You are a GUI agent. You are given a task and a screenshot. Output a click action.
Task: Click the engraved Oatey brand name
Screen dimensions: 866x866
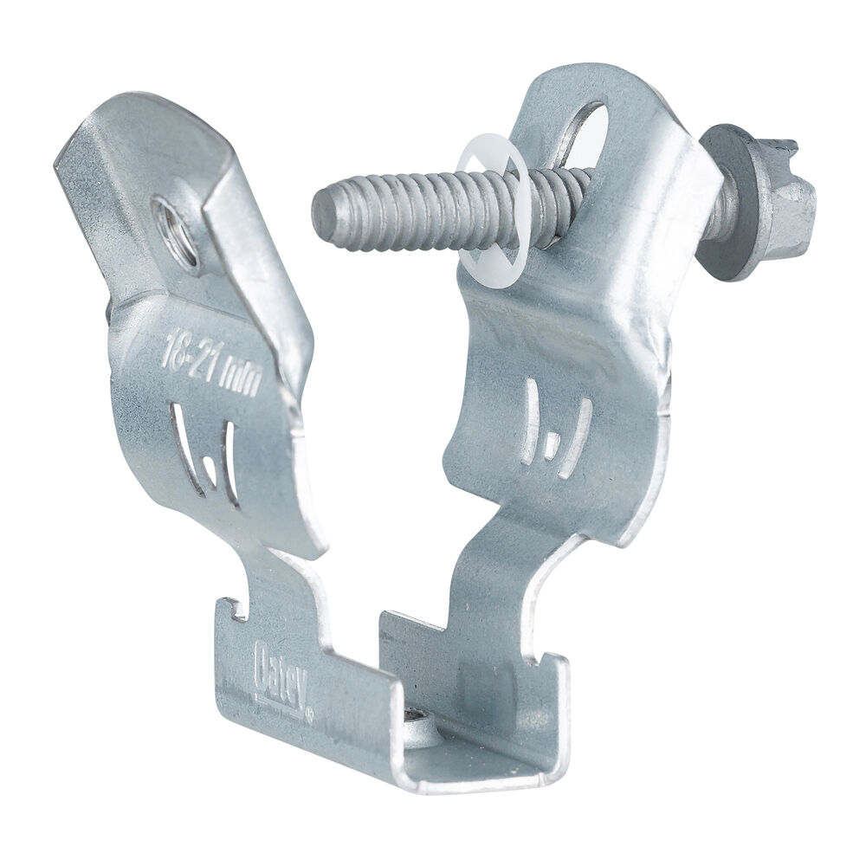tap(281, 680)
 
